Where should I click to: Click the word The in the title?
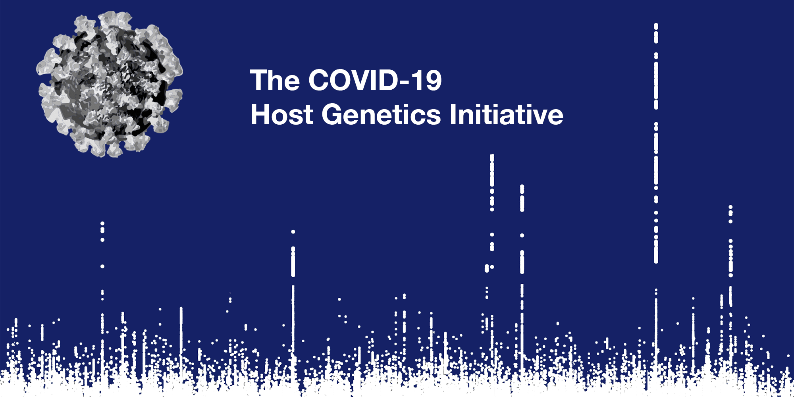tap(275, 80)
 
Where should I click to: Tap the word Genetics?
tap(381, 114)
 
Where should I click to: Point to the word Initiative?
tap(507, 114)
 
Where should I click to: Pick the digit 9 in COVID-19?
tap(433, 80)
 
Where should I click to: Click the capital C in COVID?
tap(320, 80)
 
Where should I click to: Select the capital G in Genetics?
tap(333, 114)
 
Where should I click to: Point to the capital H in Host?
tap(260, 114)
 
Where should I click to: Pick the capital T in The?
tap(259, 80)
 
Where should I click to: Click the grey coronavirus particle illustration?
tap(110, 84)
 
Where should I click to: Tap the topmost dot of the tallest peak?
tap(656, 26)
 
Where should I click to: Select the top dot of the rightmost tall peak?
tap(730, 207)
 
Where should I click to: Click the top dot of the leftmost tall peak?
tap(102, 224)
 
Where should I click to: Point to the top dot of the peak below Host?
tap(293, 232)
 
